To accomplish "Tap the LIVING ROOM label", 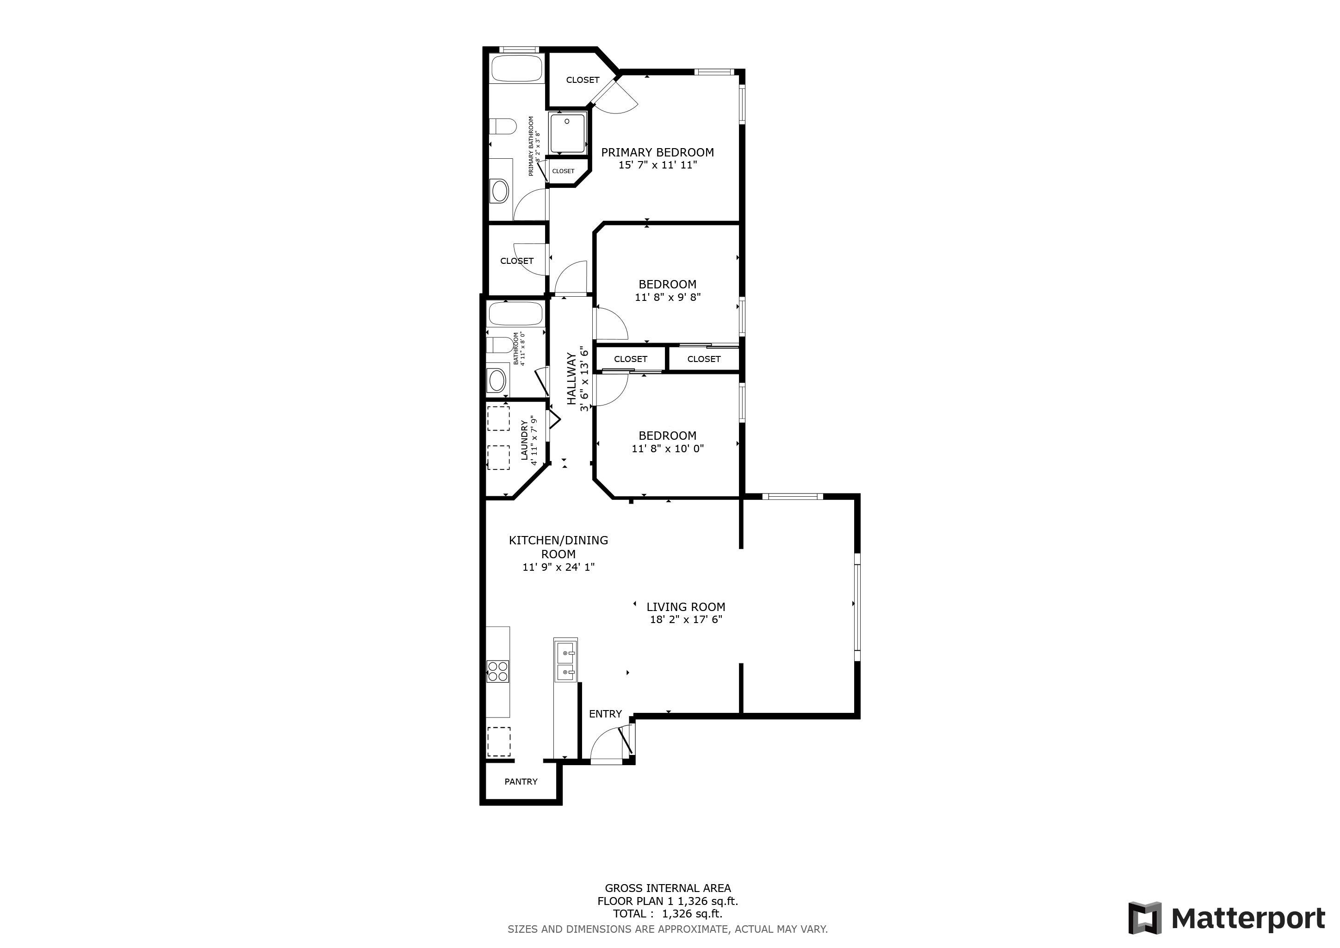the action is pyautogui.click(x=686, y=607).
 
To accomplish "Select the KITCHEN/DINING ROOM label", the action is pyautogui.click(x=558, y=547).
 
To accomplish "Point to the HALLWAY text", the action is pyautogui.click(x=571, y=378).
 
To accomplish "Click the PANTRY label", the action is pyautogui.click(x=521, y=782).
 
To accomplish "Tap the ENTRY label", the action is pyautogui.click(x=605, y=714).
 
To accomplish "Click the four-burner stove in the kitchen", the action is pyautogui.click(x=498, y=671).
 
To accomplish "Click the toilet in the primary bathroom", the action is pyautogui.click(x=502, y=126).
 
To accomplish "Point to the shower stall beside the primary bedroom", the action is pyautogui.click(x=567, y=134).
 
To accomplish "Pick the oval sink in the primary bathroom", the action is pyautogui.click(x=500, y=191).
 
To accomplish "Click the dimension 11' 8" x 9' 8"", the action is pyautogui.click(x=668, y=297).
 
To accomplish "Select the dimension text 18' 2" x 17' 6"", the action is pyautogui.click(x=686, y=620).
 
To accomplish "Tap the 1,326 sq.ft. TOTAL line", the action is pyautogui.click(x=668, y=914).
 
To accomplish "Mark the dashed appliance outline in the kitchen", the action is pyautogui.click(x=498, y=742).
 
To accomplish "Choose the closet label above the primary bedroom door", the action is pyautogui.click(x=583, y=80).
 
